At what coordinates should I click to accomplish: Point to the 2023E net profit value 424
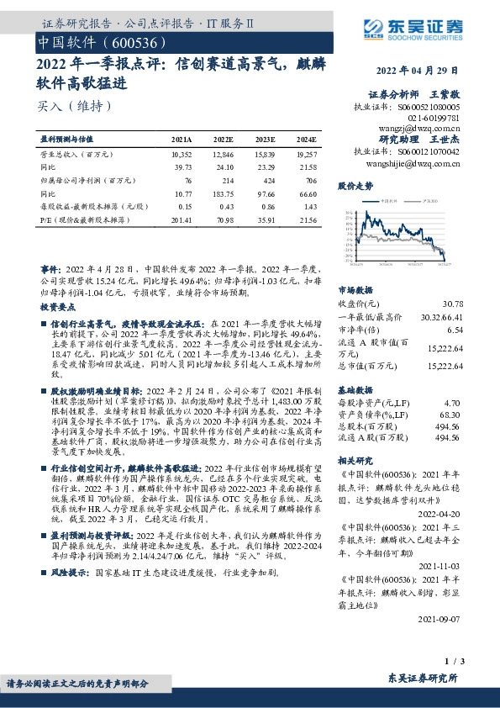point(266,180)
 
